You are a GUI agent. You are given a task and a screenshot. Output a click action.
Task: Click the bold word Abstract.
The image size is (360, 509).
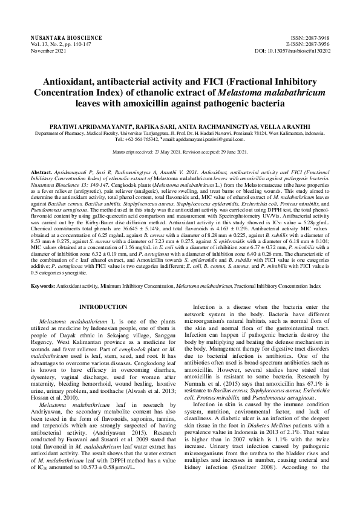coord(41,172)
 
